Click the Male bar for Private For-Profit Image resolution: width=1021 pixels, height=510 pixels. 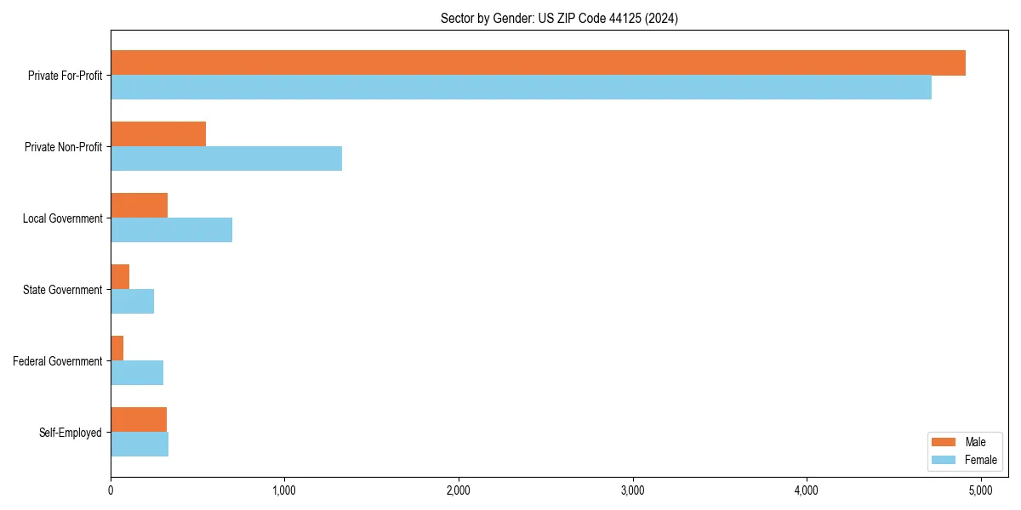(538, 63)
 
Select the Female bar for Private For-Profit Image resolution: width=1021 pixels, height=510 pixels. (521, 88)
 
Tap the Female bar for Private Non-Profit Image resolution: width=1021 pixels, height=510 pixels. (226, 159)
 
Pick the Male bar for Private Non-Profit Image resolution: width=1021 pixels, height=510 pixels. (158, 134)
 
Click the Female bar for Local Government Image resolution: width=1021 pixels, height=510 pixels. (171, 230)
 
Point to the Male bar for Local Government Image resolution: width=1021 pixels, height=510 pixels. (139, 206)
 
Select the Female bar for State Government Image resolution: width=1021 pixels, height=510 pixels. (132, 302)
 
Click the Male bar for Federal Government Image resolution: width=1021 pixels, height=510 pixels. (117, 348)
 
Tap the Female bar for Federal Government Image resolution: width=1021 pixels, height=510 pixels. (137, 373)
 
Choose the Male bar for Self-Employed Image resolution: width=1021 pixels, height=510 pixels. (139, 420)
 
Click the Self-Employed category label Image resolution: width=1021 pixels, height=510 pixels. (71, 433)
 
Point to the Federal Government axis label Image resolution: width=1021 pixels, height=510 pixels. (58, 361)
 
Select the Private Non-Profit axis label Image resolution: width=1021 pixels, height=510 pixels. (63, 147)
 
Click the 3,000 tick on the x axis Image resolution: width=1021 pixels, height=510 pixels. (632, 490)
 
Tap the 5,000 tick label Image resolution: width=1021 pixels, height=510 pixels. (980, 490)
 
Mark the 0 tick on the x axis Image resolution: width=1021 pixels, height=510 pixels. (111, 490)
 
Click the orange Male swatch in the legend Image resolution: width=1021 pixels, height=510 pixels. (944, 442)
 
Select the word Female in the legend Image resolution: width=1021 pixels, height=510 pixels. (981, 460)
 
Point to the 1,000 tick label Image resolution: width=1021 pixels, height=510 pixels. (284, 490)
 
